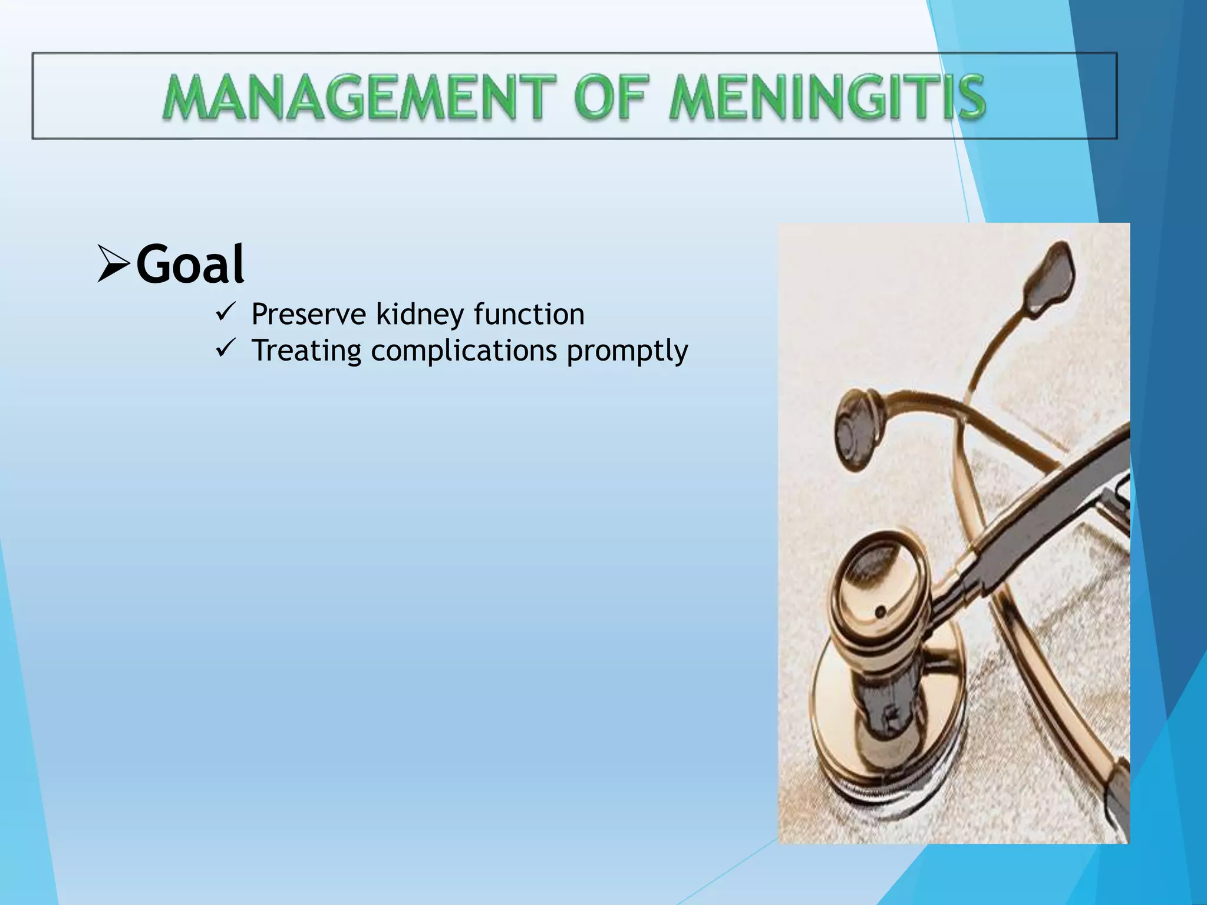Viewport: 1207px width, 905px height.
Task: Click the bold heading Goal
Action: [190, 265]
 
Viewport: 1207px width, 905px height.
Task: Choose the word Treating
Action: [306, 351]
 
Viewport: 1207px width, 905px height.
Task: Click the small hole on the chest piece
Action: [880, 612]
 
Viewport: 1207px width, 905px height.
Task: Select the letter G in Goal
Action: [154, 265]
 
